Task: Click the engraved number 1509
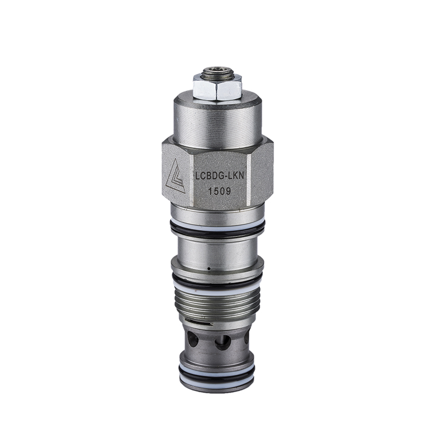click(219, 191)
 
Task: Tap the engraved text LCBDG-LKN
click(220, 176)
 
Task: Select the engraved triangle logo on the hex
click(175, 176)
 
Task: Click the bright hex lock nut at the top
click(217, 87)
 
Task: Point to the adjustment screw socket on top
click(217, 70)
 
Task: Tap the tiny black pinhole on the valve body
click(208, 269)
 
